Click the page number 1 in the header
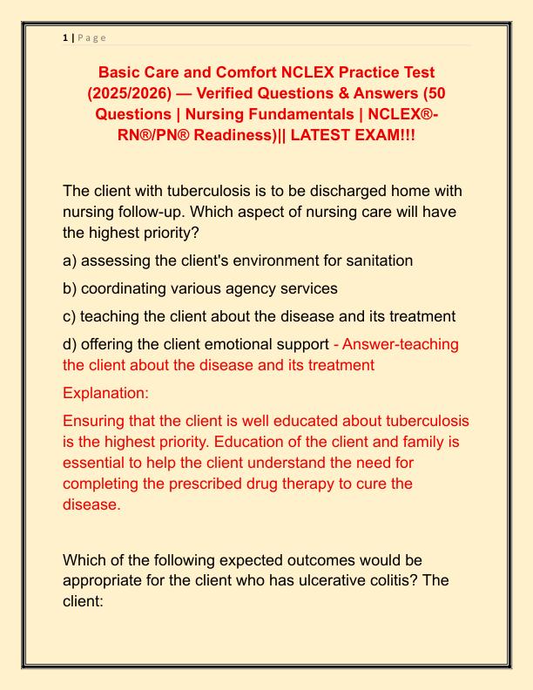(66, 37)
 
